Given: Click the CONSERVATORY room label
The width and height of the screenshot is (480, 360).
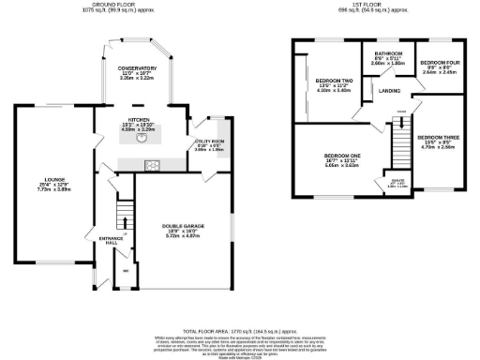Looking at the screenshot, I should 137,69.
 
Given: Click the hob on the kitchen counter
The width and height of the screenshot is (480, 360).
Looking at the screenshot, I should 152,166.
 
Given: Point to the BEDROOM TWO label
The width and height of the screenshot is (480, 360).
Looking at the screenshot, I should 333,82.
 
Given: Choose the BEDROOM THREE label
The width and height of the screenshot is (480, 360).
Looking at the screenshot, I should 437,136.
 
